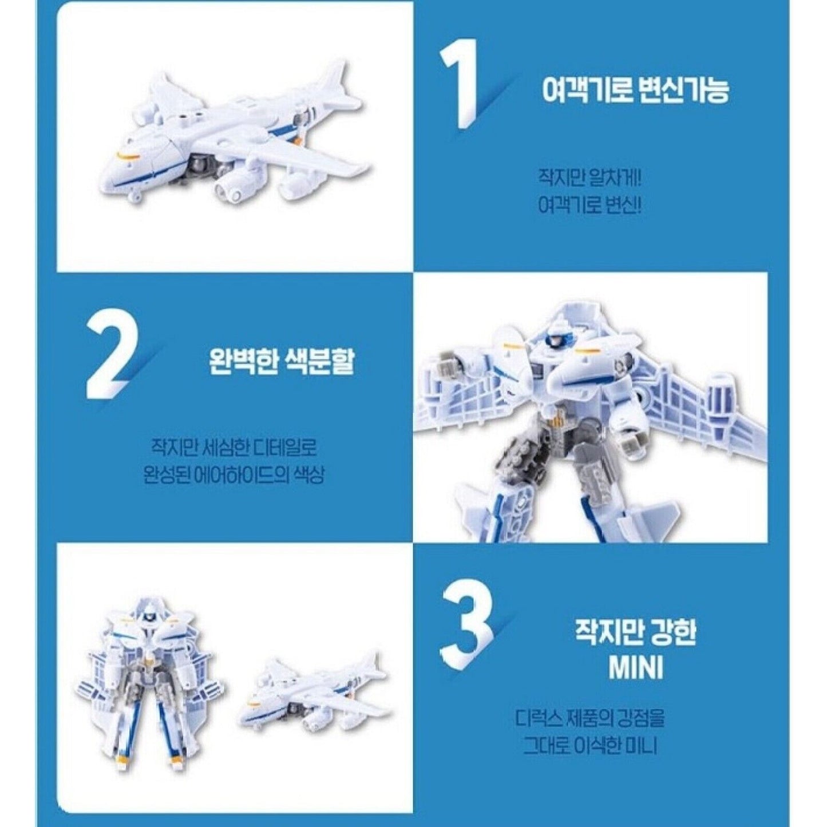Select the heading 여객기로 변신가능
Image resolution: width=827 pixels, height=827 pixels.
pyautogui.click(x=636, y=90)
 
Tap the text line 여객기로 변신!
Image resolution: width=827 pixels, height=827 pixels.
pyautogui.click(x=589, y=205)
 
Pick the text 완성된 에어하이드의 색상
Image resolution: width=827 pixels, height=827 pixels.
pyautogui.click(x=234, y=476)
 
